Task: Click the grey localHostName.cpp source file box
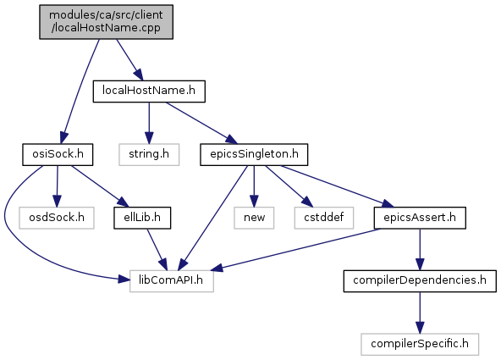tap(106, 22)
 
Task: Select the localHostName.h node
tap(149, 91)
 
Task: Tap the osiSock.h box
tap(58, 155)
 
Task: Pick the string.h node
tap(149, 155)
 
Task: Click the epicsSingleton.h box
tap(254, 155)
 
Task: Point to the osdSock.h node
tap(57, 218)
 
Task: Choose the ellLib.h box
tap(142, 218)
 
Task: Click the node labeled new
tap(254, 218)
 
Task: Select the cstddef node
tap(324, 218)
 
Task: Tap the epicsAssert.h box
tap(420, 218)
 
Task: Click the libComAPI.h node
tap(172, 281)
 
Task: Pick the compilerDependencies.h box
tap(420, 281)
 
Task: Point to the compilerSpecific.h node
tap(420, 345)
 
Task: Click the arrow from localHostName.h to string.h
tap(149, 123)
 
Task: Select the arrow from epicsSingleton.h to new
tap(254, 186)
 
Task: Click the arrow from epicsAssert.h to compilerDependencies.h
tap(420, 249)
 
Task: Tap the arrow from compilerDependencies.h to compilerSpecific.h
tap(420, 313)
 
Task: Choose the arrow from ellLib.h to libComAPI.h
tap(157, 249)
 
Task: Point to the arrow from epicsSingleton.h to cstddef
tap(289, 186)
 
